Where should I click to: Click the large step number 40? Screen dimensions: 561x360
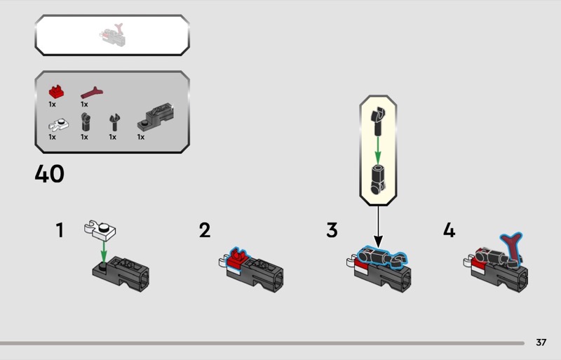[49, 174]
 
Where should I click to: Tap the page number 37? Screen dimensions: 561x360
[541, 342]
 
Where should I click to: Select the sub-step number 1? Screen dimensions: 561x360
[60, 230]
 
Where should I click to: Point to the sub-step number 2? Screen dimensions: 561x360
[205, 230]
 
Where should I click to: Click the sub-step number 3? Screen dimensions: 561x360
[332, 230]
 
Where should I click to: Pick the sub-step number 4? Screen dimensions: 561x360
[449, 230]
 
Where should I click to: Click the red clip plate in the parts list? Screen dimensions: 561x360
[56, 92]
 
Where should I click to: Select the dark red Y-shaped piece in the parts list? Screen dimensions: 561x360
[92, 93]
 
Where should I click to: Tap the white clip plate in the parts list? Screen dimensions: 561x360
[59, 125]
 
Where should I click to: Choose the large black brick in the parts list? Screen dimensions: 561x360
[156, 116]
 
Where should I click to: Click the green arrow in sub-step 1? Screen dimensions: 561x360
[103, 252]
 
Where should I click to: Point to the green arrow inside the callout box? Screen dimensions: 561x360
[377, 149]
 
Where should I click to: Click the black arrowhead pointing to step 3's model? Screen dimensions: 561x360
[378, 241]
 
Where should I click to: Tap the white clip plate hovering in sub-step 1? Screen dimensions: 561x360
[100, 230]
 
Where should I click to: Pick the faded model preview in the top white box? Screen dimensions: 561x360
[112, 35]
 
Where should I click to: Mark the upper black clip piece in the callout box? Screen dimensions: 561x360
[378, 121]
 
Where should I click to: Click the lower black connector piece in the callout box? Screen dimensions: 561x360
[378, 179]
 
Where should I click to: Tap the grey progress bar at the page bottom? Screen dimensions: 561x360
[262, 343]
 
